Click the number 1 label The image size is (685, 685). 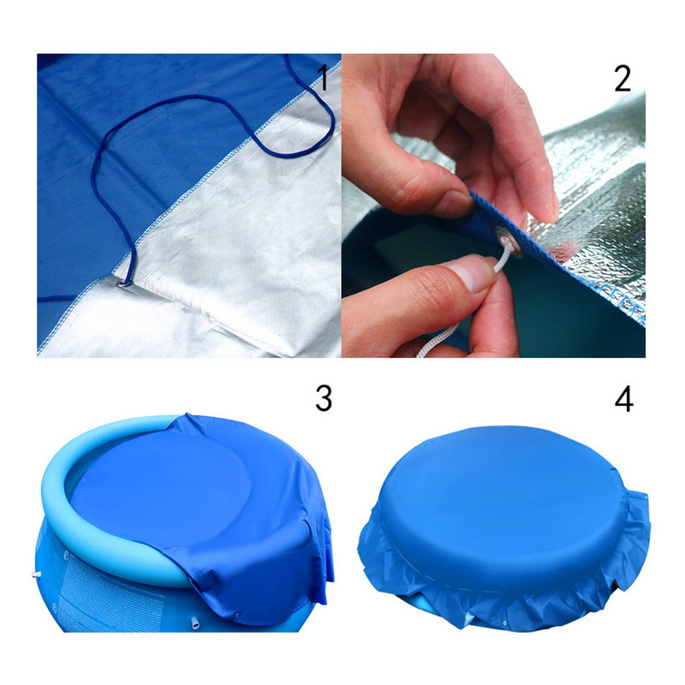[x=323, y=78]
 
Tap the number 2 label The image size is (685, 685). [x=622, y=79]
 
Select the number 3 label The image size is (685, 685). [x=324, y=398]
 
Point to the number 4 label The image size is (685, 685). [x=624, y=399]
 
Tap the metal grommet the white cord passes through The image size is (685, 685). [x=509, y=241]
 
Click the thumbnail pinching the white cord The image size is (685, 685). [x=471, y=272]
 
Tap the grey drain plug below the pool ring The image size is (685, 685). [x=195, y=622]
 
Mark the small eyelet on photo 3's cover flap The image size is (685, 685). [x=237, y=616]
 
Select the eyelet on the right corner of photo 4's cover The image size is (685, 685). [x=645, y=496]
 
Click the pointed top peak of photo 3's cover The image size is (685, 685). [x=187, y=414]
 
